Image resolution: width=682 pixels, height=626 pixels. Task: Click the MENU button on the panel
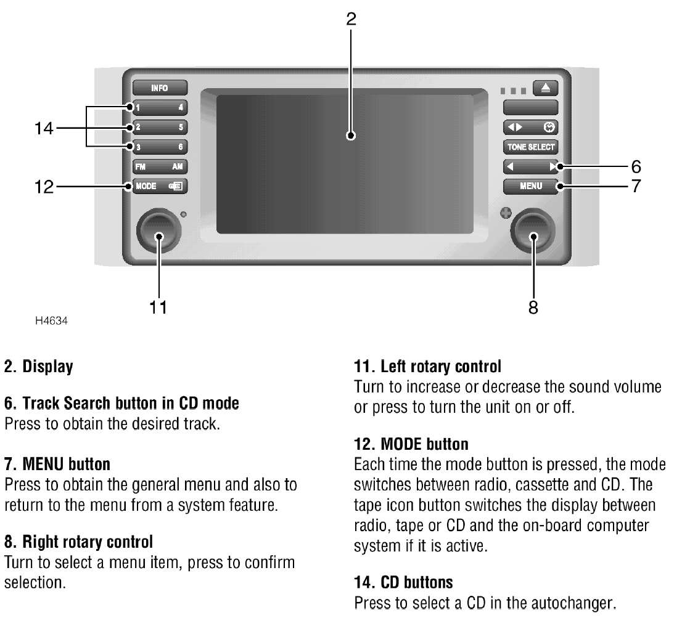[x=530, y=186]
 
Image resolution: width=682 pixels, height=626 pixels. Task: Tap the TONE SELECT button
[x=530, y=147]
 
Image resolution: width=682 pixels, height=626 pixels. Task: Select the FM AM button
[x=159, y=166]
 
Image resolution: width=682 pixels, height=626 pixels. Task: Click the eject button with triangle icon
[x=546, y=88]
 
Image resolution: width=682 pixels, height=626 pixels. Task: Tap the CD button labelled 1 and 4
[x=159, y=108]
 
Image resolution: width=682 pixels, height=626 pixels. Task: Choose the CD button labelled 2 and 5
[x=159, y=128]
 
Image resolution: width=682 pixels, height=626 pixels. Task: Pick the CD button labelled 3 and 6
[x=159, y=147]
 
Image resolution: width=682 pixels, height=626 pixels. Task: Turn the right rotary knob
[x=533, y=232]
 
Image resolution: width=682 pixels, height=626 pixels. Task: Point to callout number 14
[x=44, y=129]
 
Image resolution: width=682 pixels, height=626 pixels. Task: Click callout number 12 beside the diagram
[x=44, y=186]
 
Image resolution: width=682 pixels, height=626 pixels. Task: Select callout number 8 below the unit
[x=533, y=307]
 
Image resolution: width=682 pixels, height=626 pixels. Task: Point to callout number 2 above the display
[x=351, y=18]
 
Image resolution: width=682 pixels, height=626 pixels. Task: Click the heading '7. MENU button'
[x=57, y=463]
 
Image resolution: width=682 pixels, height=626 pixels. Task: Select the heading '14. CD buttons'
[x=403, y=582]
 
